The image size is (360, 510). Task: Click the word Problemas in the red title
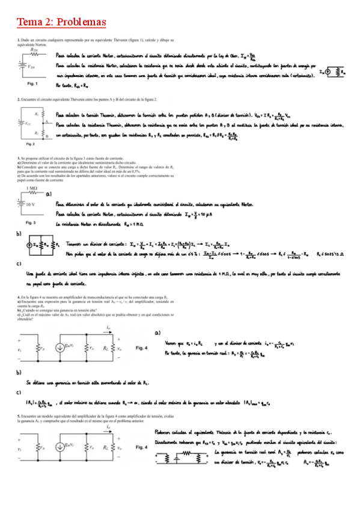81,22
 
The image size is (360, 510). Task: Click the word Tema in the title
28,22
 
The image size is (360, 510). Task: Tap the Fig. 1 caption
32,84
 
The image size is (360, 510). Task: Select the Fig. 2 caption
30,144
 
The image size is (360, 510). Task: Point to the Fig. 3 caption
31,222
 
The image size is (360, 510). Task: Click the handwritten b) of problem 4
19,372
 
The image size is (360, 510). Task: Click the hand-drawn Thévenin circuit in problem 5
180,457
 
